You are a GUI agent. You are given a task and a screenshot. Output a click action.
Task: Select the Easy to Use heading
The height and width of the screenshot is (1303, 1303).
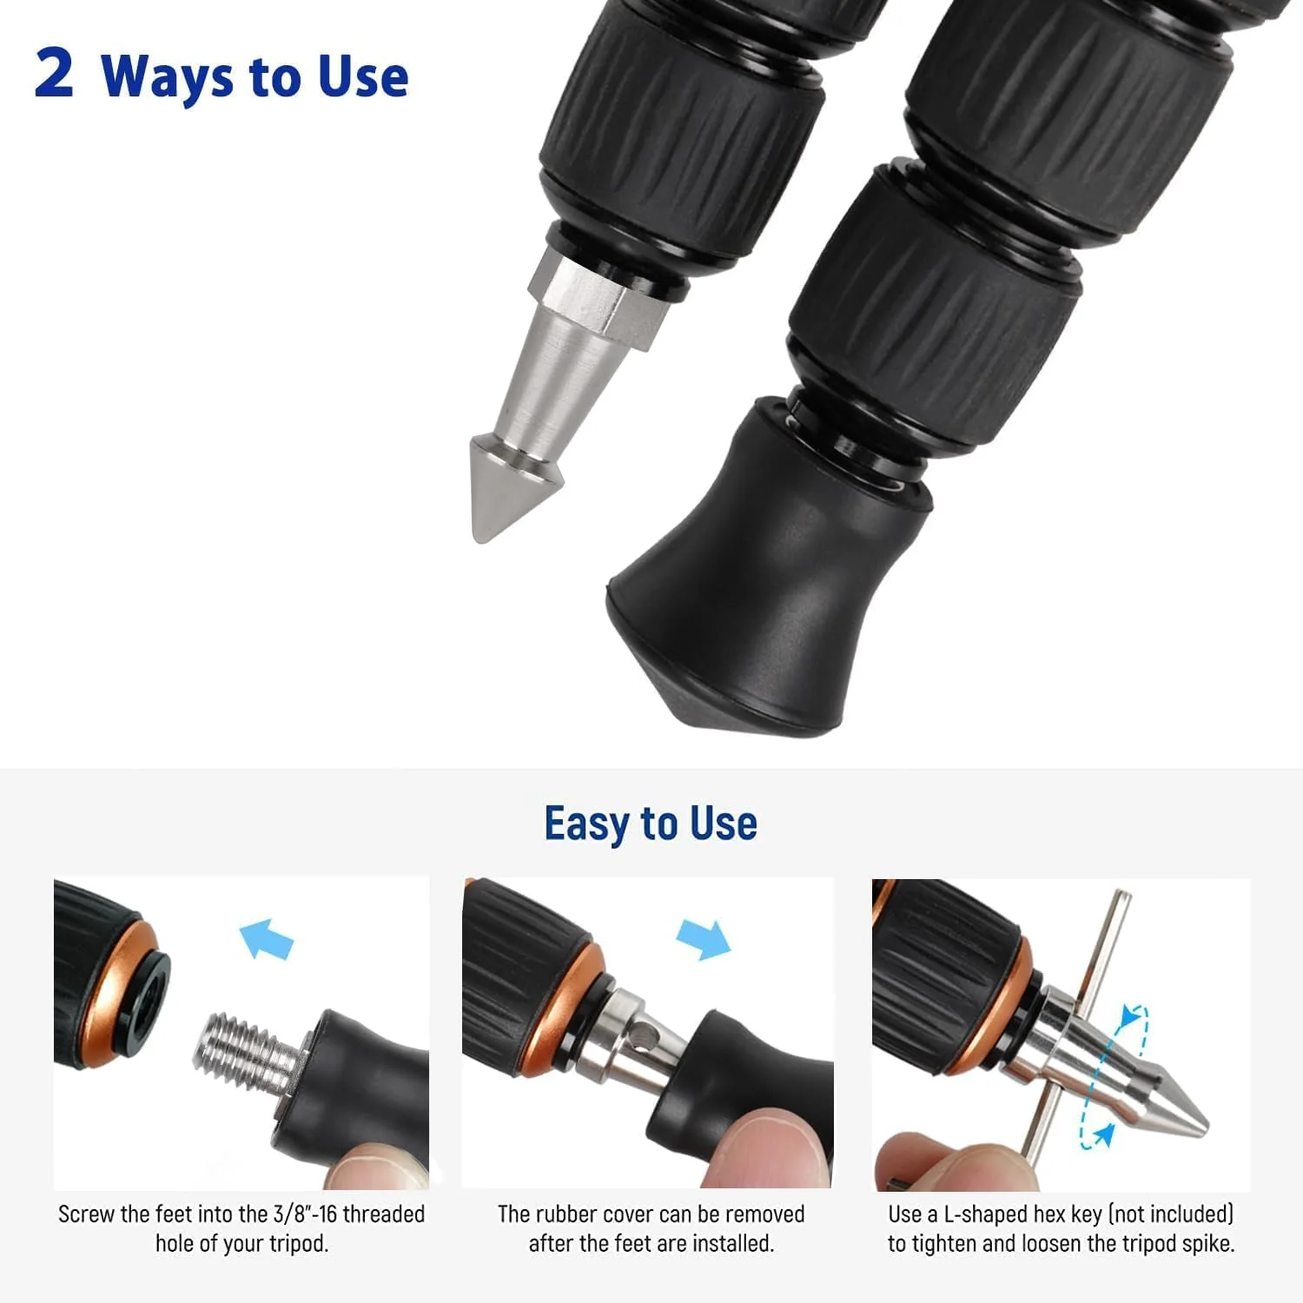tap(651, 823)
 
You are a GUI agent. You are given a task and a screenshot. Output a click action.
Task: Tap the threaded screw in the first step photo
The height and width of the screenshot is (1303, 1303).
tap(248, 1051)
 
